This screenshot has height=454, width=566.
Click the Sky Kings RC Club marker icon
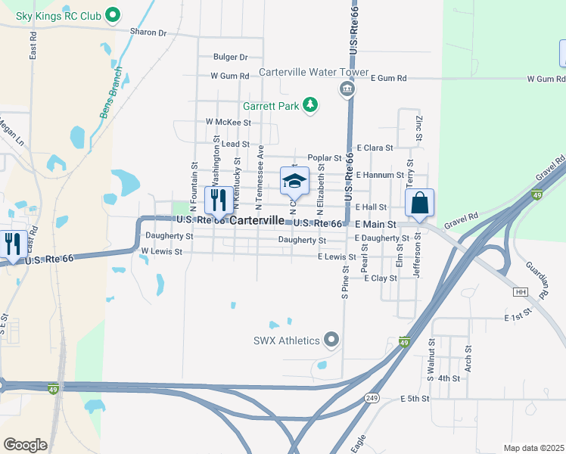pos(114,14)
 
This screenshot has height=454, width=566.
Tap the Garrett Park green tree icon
pos(309,105)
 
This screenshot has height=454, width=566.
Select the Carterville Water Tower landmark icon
pos(347,90)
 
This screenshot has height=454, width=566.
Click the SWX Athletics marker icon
pos(331,340)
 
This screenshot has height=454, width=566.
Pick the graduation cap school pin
pos(294,182)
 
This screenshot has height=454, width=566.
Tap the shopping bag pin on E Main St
pos(419,204)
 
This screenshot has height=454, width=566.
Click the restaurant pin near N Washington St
pos(219,201)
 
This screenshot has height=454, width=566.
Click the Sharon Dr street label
pos(148,33)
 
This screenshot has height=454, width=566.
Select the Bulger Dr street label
pos(231,57)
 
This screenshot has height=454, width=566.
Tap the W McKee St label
pos(228,122)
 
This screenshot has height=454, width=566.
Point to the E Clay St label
pos(381,278)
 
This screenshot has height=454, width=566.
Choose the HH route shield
pos(520,291)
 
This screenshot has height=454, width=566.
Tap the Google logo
pos(25,445)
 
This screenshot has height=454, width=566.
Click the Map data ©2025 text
pos(533,448)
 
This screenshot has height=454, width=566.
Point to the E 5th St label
pos(414,398)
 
